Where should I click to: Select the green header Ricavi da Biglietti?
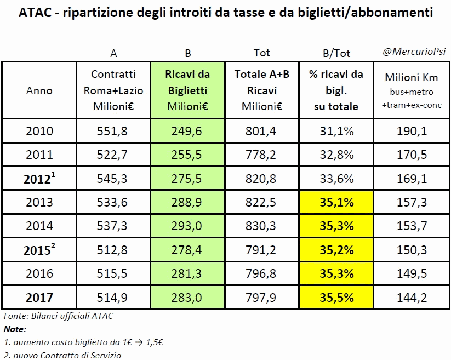tap(187, 90)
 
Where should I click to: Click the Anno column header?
tap(39, 90)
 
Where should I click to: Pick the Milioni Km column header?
tap(411, 89)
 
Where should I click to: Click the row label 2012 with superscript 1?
tap(39, 179)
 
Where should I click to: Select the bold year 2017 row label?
tap(39, 298)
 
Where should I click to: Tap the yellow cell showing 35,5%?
tap(336, 298)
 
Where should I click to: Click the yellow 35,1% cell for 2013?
tap(336, 202)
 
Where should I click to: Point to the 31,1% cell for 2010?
tap(336, 131)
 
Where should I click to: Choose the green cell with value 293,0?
tap(187, 226)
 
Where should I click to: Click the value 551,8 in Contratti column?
tap(113, 131)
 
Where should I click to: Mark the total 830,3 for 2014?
tap(261, 226)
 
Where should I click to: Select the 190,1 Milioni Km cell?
tap(411, 131)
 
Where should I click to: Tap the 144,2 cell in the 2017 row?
tap(411, 298)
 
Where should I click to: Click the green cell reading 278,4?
tap(187, 250)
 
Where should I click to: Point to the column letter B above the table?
tap(187, 53)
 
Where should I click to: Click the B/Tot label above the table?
tap(336, 53)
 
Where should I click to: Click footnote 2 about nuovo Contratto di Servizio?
tap(62, 355)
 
